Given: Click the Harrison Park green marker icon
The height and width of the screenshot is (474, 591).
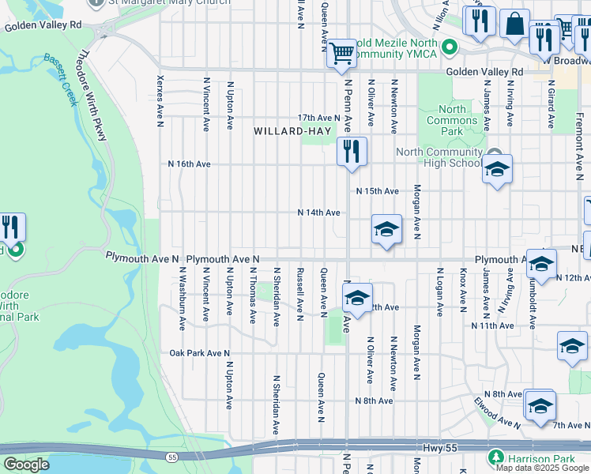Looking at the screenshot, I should (495, 457).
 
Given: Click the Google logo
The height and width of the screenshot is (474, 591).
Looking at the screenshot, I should (26, 465).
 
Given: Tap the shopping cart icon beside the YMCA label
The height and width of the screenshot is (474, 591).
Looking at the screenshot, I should (341, 53).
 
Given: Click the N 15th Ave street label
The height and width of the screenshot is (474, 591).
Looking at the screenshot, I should (377, 191).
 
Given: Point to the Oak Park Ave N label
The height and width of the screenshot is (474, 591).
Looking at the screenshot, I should (199, 353).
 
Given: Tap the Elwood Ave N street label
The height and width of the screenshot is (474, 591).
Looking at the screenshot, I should (498, 412).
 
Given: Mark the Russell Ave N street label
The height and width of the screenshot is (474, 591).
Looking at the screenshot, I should (299, 294).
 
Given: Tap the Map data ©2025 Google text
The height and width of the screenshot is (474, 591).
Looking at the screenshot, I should (542, 468).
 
